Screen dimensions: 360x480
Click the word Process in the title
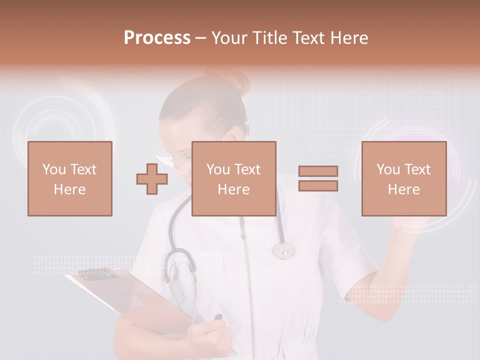click(x=157, y=37)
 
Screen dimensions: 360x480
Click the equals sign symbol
click(x=318, y=178)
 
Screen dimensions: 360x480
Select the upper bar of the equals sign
click(x=318, y=171)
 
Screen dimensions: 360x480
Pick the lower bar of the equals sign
click(x=318, y=185)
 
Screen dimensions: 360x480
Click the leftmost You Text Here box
click(x=70, y=178)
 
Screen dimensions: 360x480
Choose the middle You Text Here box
click(x=233, y=178)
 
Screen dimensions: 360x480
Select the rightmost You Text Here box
click(x=403, y=178)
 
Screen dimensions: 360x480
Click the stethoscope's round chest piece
click(x=283, y=249)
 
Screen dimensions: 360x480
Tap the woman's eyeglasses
click(x=172, y=158)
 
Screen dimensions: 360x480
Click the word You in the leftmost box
click(x=53, y=169)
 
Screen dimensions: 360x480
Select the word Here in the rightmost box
click(x=403, y=189)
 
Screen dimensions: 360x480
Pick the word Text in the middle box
click(x=247, y=169)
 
